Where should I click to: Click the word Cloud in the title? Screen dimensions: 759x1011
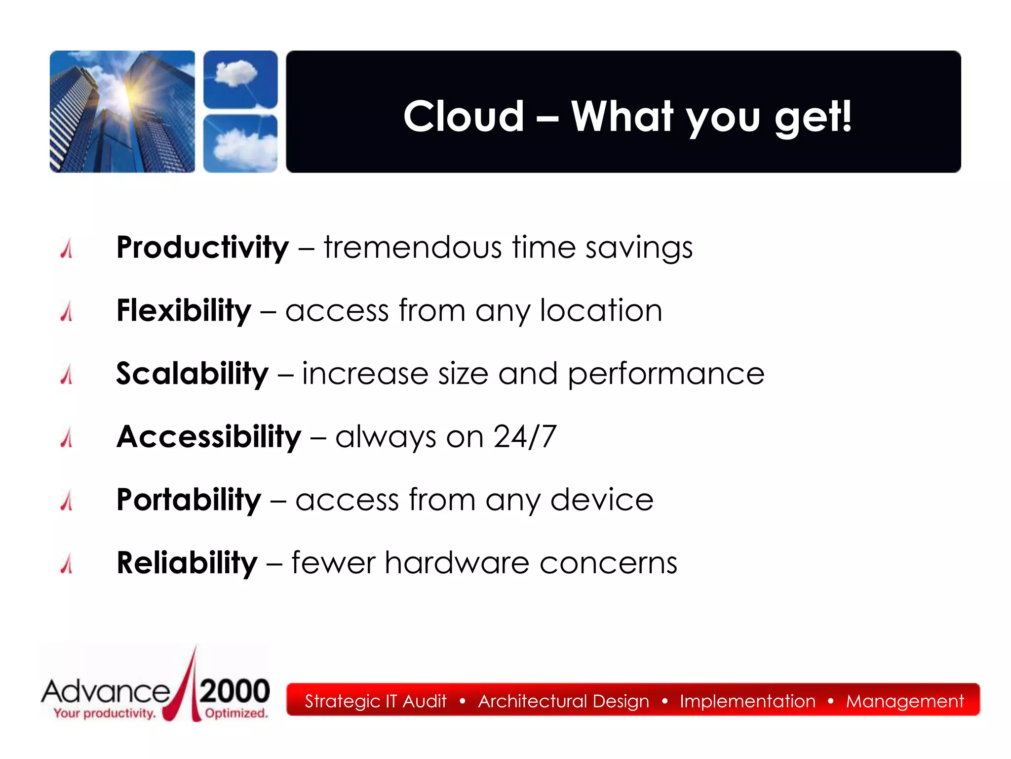click(x=463, y=117)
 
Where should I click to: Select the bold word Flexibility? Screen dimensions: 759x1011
click(x=184, y=310)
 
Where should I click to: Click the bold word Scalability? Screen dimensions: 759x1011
click(x=192, y=374)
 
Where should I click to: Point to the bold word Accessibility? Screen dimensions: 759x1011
click(x=208, y=437)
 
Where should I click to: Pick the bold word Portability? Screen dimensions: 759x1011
click(x=189, y=500)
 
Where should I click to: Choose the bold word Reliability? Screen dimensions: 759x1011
click(x=187, y=563)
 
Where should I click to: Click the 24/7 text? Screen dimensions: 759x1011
click(x=525, y=437)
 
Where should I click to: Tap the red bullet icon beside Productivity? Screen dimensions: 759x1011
click(x=67, y=249)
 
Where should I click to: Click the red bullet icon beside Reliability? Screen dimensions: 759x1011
click(x=67, y=564)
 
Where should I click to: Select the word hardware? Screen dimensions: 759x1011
click(x=457, y=563)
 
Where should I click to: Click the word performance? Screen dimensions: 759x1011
click(x=665, y=375)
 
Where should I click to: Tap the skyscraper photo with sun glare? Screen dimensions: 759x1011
click(x=122, y=112)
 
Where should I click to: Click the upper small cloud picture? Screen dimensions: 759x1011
click(x=240, y=79)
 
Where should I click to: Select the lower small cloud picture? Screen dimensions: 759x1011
click(x=240, y=143)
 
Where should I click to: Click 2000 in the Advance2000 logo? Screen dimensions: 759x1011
click(x=234, y=691)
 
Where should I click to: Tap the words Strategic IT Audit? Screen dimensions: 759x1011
click(x=375, y=701)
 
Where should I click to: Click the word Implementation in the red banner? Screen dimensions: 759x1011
click(x=747, y=701)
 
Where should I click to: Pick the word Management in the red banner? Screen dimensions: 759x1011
click(x=904, y=701)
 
